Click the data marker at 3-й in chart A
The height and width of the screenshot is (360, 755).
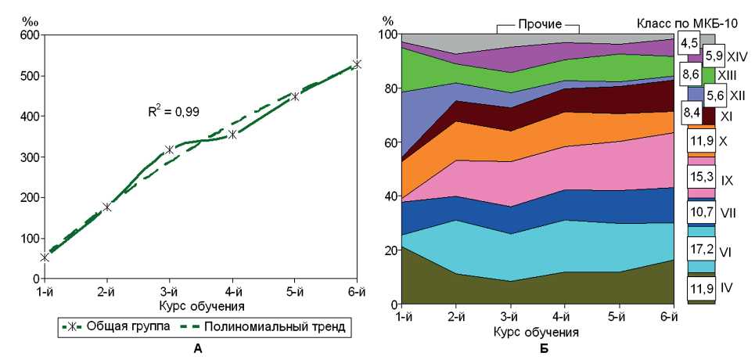(170, 149)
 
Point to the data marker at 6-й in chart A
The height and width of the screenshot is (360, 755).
(357, 64)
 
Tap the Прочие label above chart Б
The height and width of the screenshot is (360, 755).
(537, 24)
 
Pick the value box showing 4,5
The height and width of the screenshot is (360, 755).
(688, 42)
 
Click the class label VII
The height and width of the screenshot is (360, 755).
(728, 212)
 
